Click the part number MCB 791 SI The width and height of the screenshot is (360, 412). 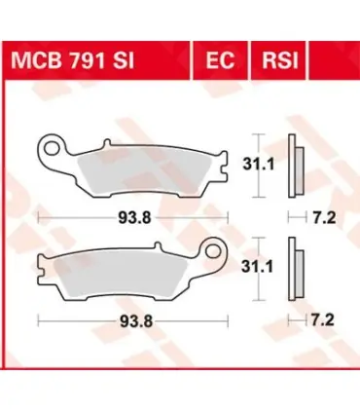(72, 60)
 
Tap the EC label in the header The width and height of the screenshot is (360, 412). (220, 60)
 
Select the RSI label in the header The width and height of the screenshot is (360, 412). (280, 60)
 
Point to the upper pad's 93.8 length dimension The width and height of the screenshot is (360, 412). (134, 218)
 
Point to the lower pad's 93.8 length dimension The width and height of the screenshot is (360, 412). (136, 321)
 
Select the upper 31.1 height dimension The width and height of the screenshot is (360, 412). (258, 165)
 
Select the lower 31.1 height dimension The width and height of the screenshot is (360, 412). (257, 268)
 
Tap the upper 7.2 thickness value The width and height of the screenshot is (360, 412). (324, 218)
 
